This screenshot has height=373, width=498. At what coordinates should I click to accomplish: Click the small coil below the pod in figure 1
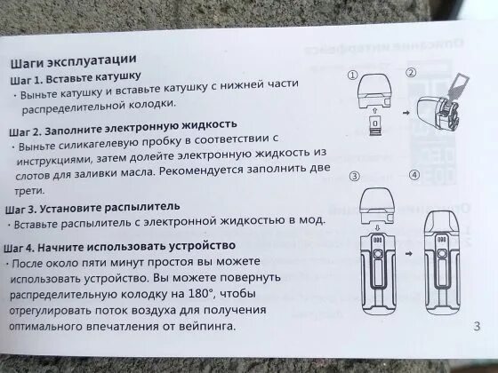point(373,138)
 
